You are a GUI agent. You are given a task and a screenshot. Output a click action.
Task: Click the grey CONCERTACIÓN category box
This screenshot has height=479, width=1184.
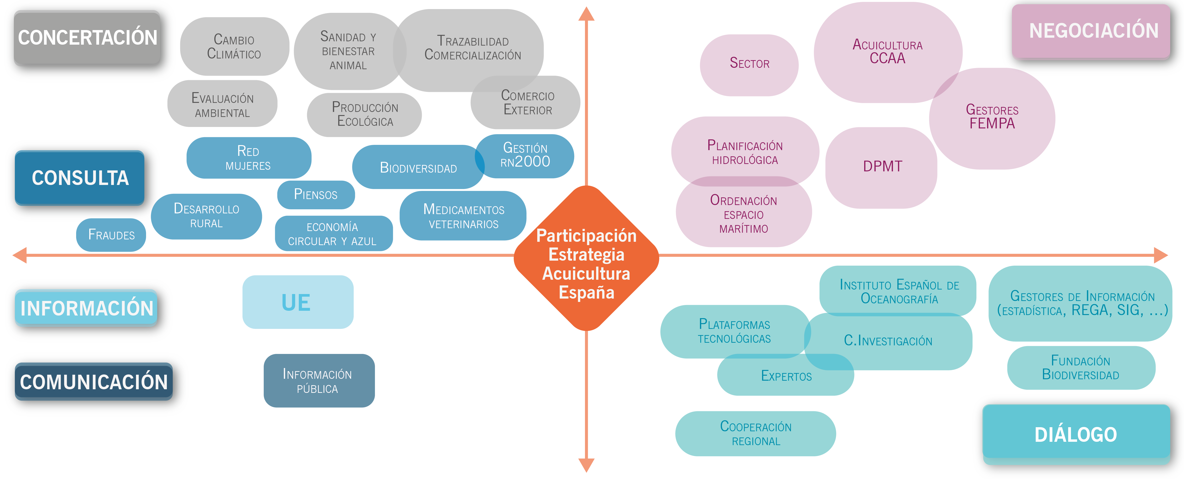[x=87, y=38]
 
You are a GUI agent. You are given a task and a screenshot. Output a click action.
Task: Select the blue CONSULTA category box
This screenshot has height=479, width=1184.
[x=80, y=178]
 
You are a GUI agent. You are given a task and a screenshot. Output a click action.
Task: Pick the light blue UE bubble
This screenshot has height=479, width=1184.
[x=297, y=302]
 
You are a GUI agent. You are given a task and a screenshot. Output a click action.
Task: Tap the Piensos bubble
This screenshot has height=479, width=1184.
[x=316, y=195]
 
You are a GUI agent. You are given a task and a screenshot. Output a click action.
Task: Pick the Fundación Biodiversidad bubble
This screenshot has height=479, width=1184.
[x=1081, y=368]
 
